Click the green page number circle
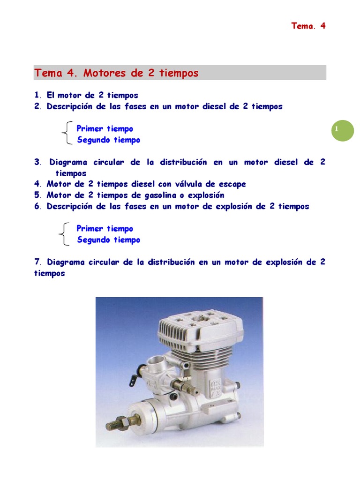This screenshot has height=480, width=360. pyautogui.click(x=343, y=129)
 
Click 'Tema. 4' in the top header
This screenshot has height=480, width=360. pyautogui.click(x=308, y=26)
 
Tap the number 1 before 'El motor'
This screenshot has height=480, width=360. pyautogui.click(x=37, y=95)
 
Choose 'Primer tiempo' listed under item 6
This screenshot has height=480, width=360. pyautogui.click(x=105, y=229)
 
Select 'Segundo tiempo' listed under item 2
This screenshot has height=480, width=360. pyautogui.click(x=108, y=140)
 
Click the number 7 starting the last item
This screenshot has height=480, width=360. pyautogui.click(x=37, y=262)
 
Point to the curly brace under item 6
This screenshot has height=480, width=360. pyautogui.click(x=66, y=234)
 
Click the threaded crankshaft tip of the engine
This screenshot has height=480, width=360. pyautogui.click(x=113, y=425)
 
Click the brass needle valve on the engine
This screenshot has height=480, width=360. pyautogui.click(x=187, y=385)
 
